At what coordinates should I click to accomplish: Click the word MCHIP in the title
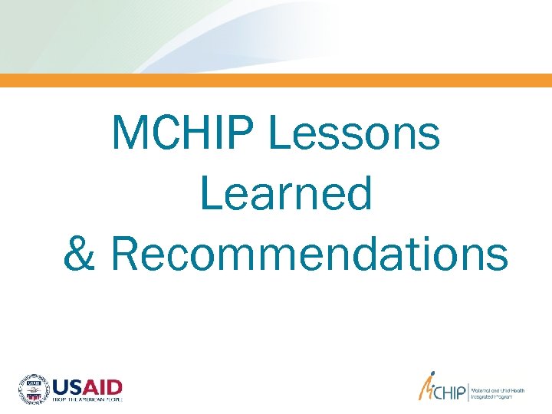pyautogui.click(x=183, y=133)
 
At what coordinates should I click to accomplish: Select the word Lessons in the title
pyautogui.click(x=354, y=133)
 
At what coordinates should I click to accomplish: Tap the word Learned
pyautogui.click(x=286, y=193)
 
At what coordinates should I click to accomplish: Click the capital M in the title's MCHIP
pyautogui.click(x=127, y=133)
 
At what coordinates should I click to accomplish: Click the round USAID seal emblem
pyautogui.click(x=33, y=388)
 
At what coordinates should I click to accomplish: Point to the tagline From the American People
pyautogui.click(x=86, y=399)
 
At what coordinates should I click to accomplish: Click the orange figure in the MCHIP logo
pyautogui.click(x=424, y=389)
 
